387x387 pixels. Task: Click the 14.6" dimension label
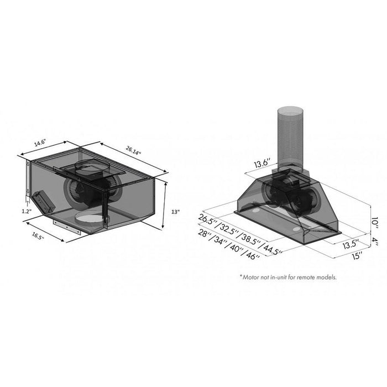point(40,143)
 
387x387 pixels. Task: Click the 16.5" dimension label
point(38,236)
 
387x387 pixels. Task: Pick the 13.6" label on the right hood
point(263,164)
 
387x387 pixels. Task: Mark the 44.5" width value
point(271,249)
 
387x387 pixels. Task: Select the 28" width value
point(207,236)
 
